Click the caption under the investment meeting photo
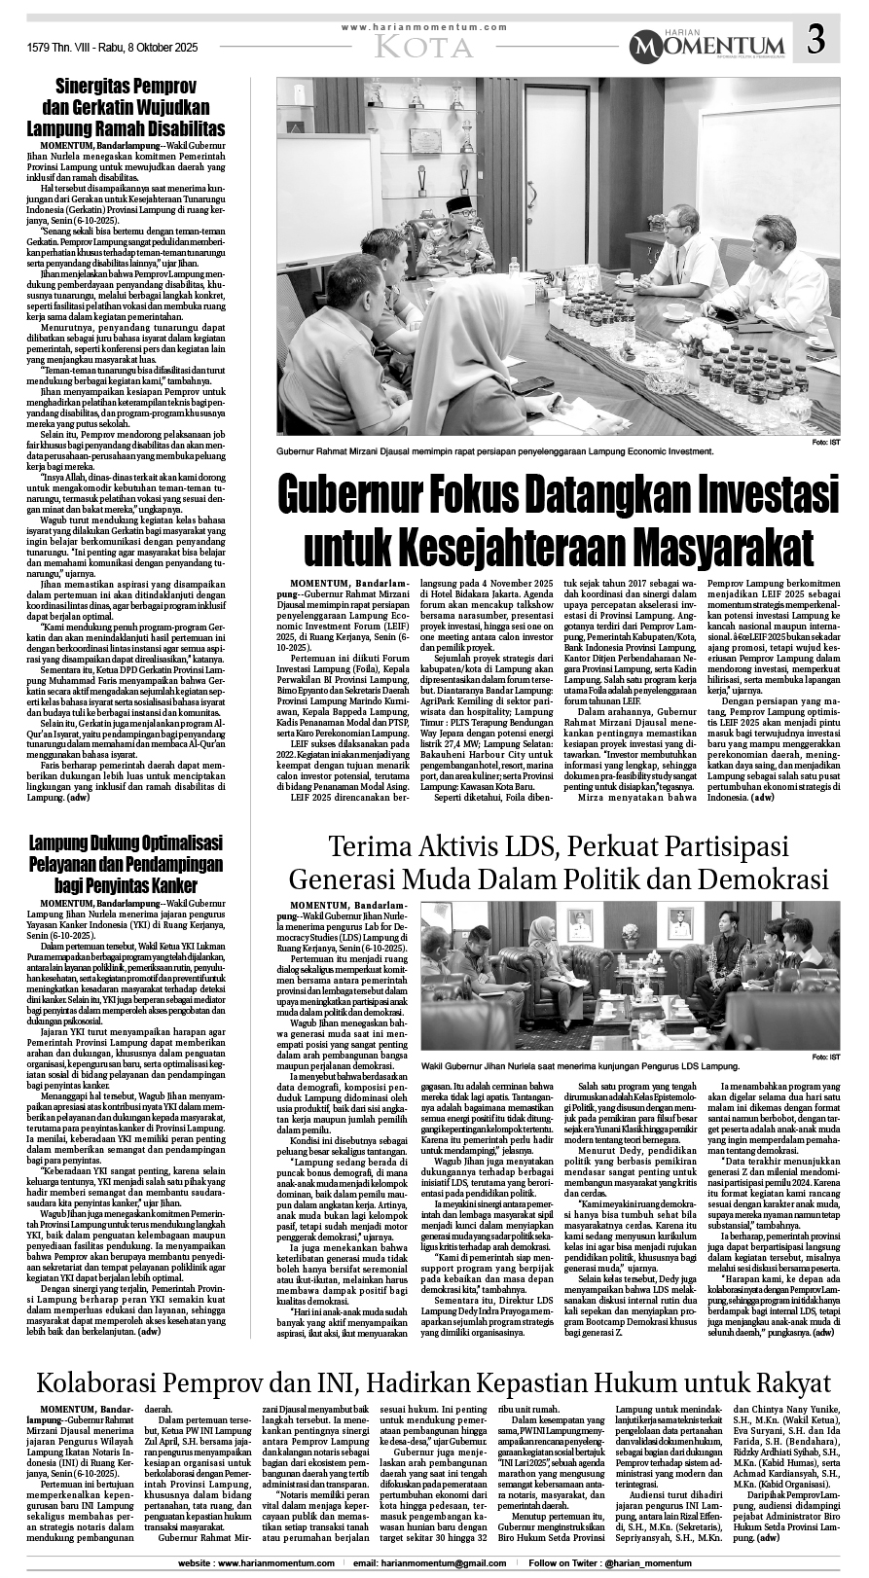pyautogui.click(x=494, y=451)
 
